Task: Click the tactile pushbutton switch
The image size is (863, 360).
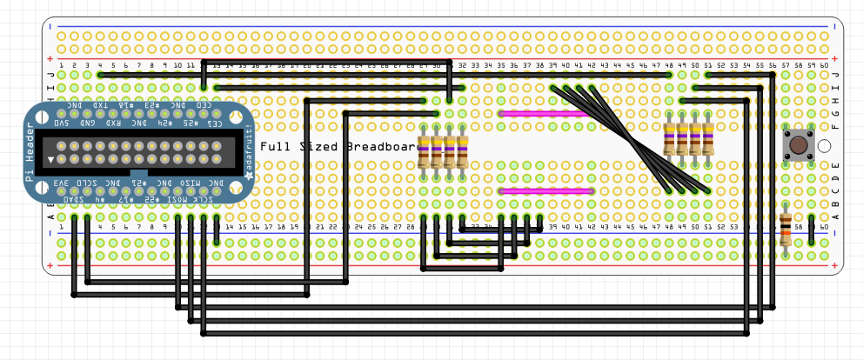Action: click(x=796, y=144)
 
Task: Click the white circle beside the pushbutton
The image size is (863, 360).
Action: click(x=823, y=145)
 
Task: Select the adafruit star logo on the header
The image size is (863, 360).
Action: click(x=246, y=175)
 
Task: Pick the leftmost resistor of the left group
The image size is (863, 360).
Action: click(x=424, y=151)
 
